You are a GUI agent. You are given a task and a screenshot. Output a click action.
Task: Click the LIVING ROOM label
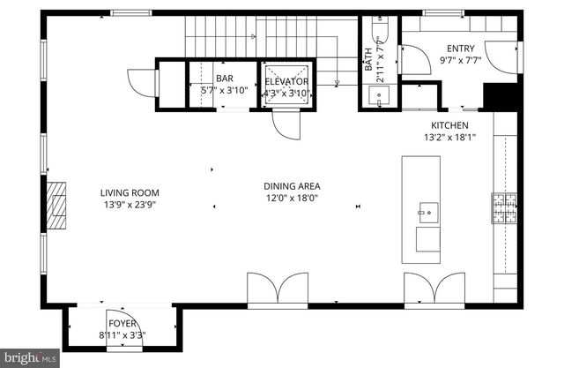[129, 192]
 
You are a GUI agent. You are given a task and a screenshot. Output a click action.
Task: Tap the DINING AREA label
[292, 186]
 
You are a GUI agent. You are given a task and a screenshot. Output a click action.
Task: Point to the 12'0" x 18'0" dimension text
[292, 199]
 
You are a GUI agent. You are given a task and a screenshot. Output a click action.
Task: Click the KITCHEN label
[449, 125]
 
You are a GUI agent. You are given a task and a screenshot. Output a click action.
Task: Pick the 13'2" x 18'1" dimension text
[449, 137]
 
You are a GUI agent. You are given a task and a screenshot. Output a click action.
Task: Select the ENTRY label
[460, 49]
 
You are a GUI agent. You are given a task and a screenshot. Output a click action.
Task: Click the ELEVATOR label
[287, 81]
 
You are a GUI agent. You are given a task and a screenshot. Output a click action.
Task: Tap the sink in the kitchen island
[427, 212]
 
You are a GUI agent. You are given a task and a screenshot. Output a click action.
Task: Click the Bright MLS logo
[31, 357]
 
